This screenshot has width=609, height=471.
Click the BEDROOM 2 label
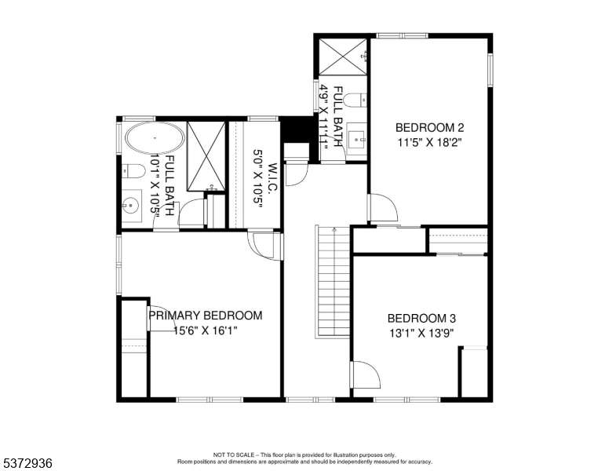(x=429, y=127)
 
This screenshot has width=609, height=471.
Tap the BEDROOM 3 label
(x=421, y=318)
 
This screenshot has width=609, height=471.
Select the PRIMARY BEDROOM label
(x=206, y=315)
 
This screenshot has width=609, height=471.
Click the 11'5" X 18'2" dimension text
(x=429, y=142)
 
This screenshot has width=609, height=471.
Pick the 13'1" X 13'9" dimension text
(x=421, y=333)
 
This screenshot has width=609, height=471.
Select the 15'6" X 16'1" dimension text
(x=206, y=330)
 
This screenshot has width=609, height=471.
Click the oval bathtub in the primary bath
(x=155, y=138)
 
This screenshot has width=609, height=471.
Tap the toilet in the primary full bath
(x=133, y=170)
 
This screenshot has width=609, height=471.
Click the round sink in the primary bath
(x=132, y=206)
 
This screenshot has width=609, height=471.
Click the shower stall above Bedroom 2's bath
(x=342, y=56)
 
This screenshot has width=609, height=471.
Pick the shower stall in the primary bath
(x=206, y=156)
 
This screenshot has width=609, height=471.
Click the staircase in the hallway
(x=334, y=282)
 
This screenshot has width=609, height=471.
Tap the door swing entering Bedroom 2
(x=383, y=207)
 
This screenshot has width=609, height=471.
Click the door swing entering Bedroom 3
(x=365, y=374)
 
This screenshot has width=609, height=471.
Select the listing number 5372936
(x=27, y=463)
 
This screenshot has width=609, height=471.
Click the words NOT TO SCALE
(x=233, y=455)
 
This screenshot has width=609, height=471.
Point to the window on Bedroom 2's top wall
(x=403, y=36)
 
